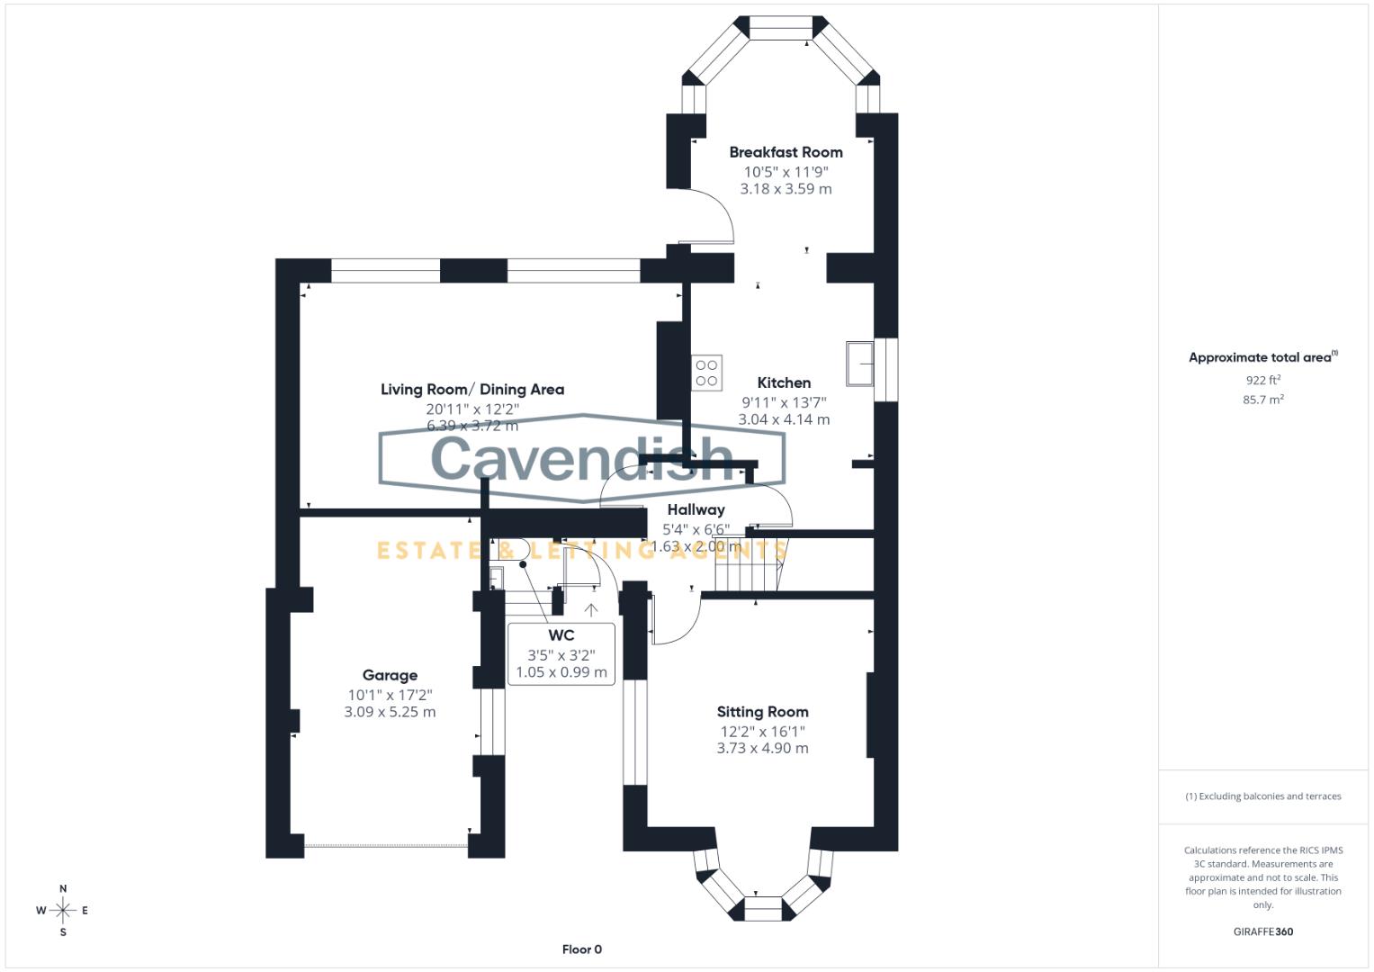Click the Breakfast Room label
coord(786,152)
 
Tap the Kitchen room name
coord(784,382)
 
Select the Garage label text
coord(390,675)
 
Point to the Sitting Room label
coord(762,712)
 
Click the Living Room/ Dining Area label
coord(472,390)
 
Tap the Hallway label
coord(696,509)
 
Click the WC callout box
coord(561,653)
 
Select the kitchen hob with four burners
coord(707,373)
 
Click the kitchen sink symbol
coord(860,363)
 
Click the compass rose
coord(63,911)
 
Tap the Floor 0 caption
coord(582,949)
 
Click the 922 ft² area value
coord(1262,380)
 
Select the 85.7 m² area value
coord(1262,400)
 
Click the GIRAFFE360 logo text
coord(1262,931)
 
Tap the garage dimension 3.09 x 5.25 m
coord(390,712)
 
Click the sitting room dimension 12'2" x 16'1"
coord(762,732)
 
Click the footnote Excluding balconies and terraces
coord(1262,796)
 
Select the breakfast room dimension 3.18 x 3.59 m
coord(786,189)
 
